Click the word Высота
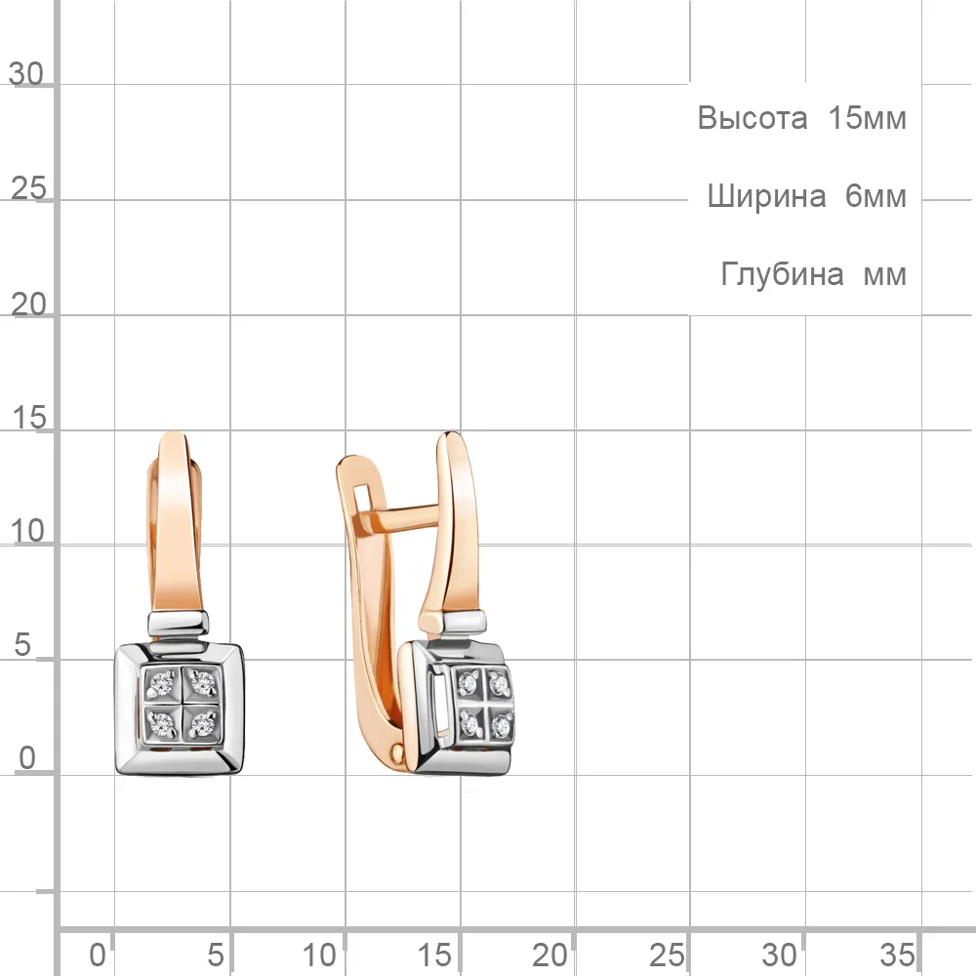coord(752,118)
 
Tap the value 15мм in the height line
coord(867,118)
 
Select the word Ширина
coord(767,197)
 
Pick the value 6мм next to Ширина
coord(875,197)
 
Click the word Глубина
coord(783,274)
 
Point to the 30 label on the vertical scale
coord(26,74)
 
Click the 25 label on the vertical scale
coord(28,188)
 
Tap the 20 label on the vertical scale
coord(28,305)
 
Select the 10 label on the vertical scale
coord(28,532)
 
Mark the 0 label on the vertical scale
coord(26,758)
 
